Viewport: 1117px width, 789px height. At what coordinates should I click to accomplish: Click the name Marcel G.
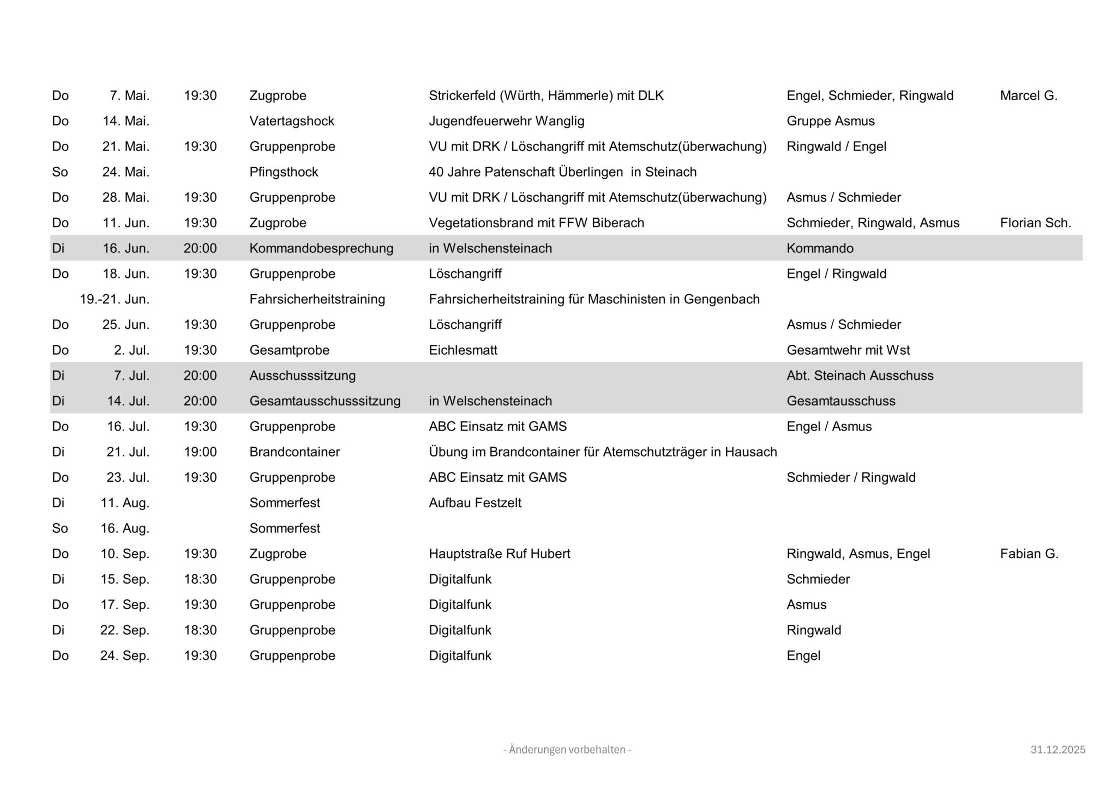tap(1028, 96)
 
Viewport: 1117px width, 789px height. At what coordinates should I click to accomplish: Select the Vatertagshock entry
tap(292, 121)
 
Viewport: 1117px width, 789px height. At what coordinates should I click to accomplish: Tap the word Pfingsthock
tap(284, 172)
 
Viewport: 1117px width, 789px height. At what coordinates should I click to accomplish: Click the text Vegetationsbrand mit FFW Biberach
tap(536, 223)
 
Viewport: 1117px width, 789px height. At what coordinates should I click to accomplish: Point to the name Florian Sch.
tap(1035, 223)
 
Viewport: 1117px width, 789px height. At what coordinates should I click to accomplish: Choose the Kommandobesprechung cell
tap(321, 248)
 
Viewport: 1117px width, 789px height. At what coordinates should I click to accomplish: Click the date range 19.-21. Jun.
tap(115, 299)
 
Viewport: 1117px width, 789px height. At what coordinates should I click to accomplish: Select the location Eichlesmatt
tap(463, 350)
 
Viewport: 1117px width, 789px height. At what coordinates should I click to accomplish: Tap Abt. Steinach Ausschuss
tap(860, 375)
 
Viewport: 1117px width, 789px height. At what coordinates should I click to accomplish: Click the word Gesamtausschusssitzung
tap(325, 401)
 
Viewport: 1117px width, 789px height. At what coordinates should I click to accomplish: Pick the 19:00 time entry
tap(200, 452)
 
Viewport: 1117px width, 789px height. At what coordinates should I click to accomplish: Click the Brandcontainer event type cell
tap(295, 452)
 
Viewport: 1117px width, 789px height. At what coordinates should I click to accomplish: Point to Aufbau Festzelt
tap(475, 503)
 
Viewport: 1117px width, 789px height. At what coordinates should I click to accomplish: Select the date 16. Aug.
tap(125, 529)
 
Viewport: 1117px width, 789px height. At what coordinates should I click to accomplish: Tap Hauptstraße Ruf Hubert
tap(499, 554)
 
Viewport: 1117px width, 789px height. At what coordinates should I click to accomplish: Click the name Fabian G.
tap(1029, 554)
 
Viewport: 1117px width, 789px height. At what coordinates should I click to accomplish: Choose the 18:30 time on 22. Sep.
tap(200, 630)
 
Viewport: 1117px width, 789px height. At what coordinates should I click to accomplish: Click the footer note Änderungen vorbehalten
tap(567, 750)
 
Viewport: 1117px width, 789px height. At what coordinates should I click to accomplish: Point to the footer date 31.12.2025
tap(1058, 750)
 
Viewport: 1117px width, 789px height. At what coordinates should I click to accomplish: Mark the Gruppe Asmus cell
tap(830, 121)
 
